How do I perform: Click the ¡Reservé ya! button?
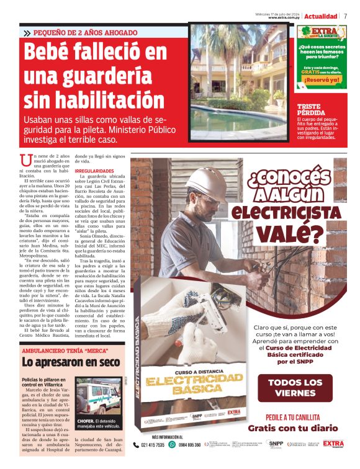click(x=322, y=79)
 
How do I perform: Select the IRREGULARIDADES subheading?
click(x=94, y=171)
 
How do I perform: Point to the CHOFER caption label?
click(x=86, y=420)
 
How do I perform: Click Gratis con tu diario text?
click(x=293, y=427)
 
